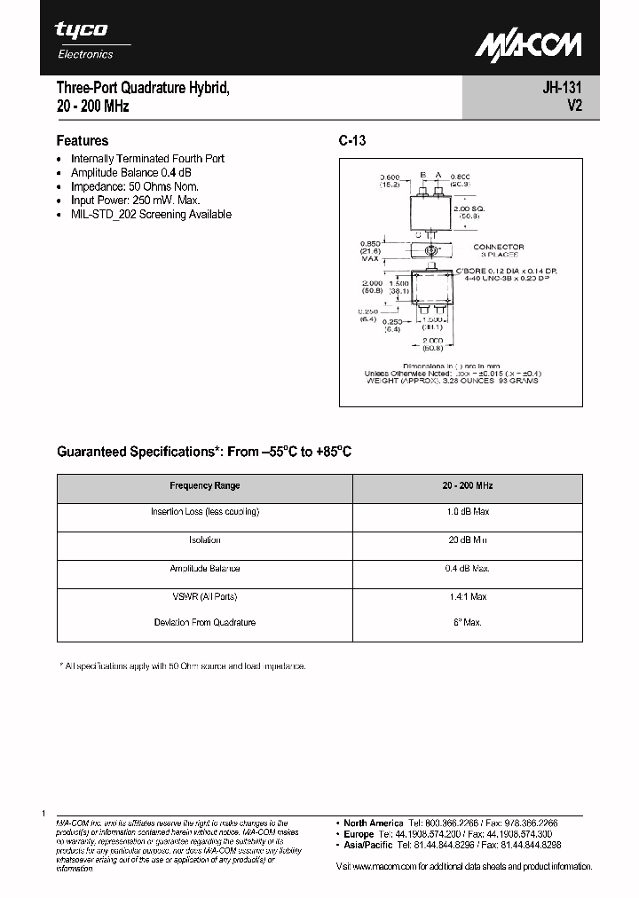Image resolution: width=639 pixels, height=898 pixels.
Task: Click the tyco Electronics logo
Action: click(83, 40)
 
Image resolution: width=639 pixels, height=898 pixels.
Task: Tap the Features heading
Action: click(83, 140)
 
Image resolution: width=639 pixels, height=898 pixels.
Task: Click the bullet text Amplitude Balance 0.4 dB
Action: click(130, 172)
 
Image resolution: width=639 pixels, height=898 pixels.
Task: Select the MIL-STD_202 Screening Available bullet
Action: click(151, 215)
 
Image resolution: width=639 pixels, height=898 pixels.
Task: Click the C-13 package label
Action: click(352, 140)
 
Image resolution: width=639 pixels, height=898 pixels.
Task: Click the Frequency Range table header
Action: click(205, 486)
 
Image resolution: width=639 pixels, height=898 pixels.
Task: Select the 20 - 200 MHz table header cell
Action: click(468, 486)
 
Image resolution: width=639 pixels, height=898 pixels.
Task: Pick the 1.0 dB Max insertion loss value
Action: click(468, 512)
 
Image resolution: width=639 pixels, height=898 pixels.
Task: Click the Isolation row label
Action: click(205, 540)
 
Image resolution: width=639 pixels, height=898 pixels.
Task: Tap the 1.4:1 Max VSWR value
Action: click(468, 596)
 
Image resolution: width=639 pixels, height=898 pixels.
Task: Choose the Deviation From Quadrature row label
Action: click(205, 623)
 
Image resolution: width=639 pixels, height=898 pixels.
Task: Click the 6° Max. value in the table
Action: click(468, 623)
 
